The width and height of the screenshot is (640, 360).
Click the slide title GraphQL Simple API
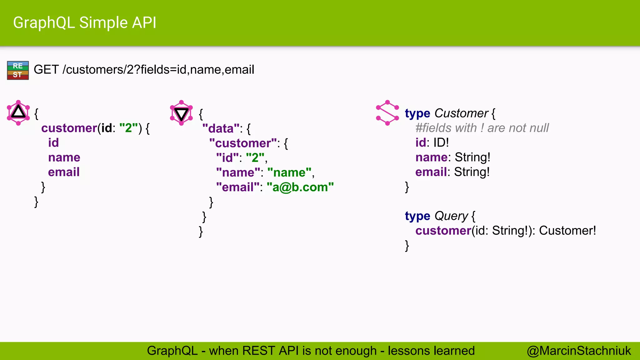84,23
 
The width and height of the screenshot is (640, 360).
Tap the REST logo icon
18,70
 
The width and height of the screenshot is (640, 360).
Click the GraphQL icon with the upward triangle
18,112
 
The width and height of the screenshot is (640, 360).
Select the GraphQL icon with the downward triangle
181,113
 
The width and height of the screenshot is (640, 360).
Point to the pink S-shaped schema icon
387,113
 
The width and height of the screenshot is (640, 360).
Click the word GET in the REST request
46,70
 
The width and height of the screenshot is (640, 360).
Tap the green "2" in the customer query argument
129,128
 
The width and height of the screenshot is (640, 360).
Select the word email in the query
64,172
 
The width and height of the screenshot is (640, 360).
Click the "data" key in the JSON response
221,128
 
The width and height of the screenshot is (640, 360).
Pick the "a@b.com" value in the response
300,187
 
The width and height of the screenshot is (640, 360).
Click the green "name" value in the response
289,172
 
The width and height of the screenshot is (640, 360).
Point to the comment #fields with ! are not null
482,128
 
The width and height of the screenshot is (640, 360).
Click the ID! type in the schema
441,142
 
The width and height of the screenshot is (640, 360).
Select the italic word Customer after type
461,113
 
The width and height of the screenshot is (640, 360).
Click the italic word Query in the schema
451,216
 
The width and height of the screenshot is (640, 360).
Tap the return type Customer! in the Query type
567,231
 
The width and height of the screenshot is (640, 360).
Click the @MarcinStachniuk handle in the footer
579,351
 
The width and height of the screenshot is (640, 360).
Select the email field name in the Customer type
431,172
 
